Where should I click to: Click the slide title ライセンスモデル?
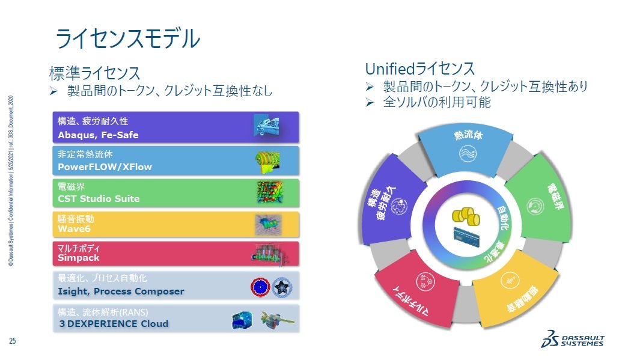coord(127,38)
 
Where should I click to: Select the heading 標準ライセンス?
coord(94,73)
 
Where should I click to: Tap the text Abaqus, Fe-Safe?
coord(98,135)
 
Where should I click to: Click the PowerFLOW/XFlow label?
coord(105,166)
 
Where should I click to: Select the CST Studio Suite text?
coord(99,198)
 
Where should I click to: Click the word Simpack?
coord(78,257)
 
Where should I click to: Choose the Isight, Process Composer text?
coord(121,291)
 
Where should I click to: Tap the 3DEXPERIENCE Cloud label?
coord(113,323)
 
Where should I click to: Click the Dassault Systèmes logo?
coord(572,341)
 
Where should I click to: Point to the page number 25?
coord(12,341)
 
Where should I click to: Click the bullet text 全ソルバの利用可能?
coord(437,103)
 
